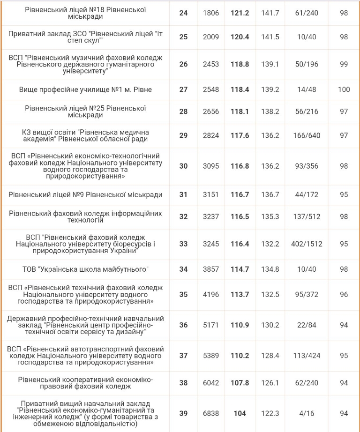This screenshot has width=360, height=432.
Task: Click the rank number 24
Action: click(x=183, y=13)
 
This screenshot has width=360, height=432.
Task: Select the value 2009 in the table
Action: click(x=211, y=37)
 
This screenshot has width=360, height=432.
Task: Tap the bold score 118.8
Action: click(x=240, y=64)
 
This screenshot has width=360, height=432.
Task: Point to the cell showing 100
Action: click(x=344, y=89)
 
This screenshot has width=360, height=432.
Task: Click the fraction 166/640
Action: click(x=307, y=136)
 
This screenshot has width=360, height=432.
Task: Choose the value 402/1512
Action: click(x=307, y=244)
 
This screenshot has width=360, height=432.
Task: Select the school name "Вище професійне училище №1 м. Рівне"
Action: click(x=85, y=89)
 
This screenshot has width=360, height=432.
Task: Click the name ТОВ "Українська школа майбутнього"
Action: click(x=85, y=269)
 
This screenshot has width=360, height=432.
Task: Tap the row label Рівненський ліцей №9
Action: click(x=85, y=195)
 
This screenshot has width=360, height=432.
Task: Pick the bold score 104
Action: click(x=240, y=413)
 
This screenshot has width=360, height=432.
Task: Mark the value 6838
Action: click(x=211, y=413)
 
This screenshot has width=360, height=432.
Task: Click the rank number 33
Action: click(x=183, y=244)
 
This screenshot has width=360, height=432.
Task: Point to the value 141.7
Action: click(x=270, y=13)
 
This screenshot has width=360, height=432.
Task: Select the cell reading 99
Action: click(x=344, y=64)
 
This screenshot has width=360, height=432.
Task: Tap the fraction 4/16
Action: click(x=307, y=413)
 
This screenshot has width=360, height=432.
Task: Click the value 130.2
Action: click(x=270, y=325)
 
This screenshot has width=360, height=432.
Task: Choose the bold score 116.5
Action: click(x=240, y=217)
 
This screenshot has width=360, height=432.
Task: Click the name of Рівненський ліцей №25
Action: click(x=85, y=112)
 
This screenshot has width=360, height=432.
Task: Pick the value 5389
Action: click(x=211, y=356)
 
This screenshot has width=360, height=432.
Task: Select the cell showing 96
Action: click(x=344, y=295)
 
